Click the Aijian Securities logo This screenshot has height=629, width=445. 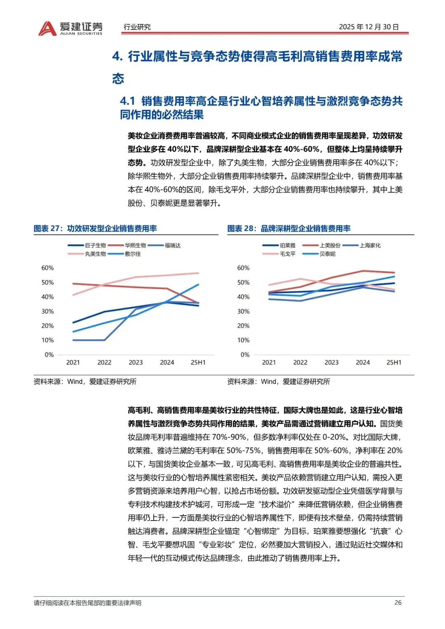pos(70,28)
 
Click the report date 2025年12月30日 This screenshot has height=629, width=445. pos(369,27)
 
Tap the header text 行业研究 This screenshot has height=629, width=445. pos(137,27)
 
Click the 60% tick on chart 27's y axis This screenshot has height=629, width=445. pos(47,268)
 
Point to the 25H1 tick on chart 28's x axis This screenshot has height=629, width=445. pos(393,362)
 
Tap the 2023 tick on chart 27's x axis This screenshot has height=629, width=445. pos(136,362)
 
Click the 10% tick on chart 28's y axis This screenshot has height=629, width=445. pos(243,340)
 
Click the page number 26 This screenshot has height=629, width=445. pos(398,603)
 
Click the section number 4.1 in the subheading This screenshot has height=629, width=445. pos(128,101)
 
